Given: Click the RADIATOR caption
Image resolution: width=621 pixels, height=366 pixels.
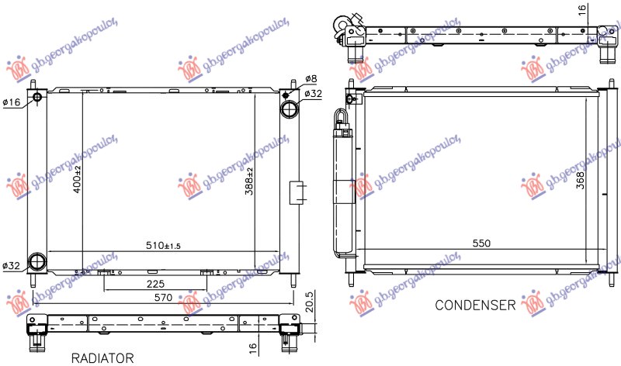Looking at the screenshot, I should [103, 357].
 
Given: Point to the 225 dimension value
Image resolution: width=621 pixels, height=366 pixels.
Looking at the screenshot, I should [156, 283].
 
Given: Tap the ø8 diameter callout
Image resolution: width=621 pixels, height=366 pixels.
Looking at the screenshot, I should [310, 79].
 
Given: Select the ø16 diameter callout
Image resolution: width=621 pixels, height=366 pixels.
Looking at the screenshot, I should [12, 102].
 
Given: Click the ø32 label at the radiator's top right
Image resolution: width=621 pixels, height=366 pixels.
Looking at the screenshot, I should [313, 94].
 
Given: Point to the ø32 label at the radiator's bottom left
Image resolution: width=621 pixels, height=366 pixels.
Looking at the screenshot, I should [12, 266].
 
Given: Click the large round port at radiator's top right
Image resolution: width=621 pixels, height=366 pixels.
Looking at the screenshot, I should [290, 108].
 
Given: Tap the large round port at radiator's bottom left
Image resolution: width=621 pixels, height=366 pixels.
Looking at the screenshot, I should [37, 262].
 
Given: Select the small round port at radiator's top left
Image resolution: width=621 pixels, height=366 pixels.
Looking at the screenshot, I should [37, 98].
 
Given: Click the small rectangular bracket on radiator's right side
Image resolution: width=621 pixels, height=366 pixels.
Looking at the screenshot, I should [296, 192].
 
